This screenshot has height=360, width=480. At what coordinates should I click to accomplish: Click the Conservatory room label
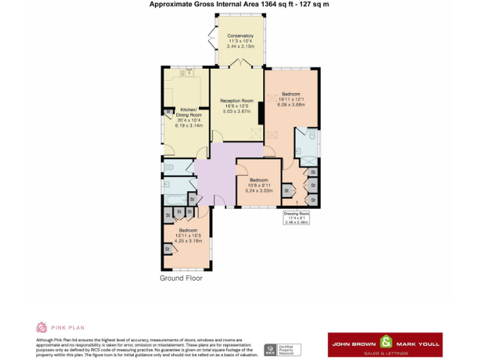click(x=240, y=36)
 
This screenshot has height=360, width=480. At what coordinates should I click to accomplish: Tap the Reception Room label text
click(x=236, y=101)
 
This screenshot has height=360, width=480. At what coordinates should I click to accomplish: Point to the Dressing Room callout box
click(x=296, y=217)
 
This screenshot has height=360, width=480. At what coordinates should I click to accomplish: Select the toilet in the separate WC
click(x=168, y=167)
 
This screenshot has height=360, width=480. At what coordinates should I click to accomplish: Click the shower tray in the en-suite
click(x=307, y=158)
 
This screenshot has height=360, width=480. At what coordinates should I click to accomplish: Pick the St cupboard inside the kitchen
click(x=167, y=112)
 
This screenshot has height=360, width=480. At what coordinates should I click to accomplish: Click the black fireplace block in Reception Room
click(x=261, y=113)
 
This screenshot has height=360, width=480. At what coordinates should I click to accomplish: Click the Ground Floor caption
click(x=181, y=278)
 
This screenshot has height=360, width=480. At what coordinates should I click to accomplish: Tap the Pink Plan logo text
click(x=68, y=327)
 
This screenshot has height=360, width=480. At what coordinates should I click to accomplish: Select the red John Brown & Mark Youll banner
click(x=385, y=344)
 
